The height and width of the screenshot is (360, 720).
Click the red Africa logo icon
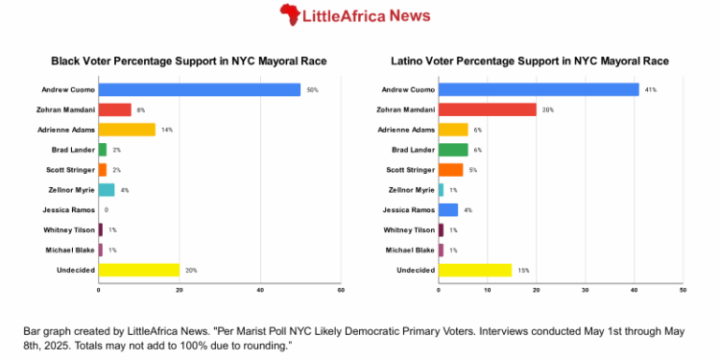pyautogui.click(x=289, y=14)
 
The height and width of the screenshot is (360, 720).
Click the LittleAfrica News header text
pyautogui.click(x=366, y=15)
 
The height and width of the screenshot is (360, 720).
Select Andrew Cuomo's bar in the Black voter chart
pyautogui.click(x=199, y=89)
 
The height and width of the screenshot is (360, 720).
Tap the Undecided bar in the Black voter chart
pyautogui.click(x=138, y=270)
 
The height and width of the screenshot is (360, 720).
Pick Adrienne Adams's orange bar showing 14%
pyautogui.click(x=127, y=130)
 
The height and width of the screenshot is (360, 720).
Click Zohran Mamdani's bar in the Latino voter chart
pyautogui.click(x=487, y=109)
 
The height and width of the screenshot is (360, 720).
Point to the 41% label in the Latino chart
pyautogui.click(x=650, y=89)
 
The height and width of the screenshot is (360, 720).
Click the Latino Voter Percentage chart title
pyautogui.click(x=530, y=61)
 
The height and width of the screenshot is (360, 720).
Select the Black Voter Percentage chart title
pyautogui.click(x=188, y=61)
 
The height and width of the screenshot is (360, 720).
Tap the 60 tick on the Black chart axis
pyautogui.click(x=340, y=289)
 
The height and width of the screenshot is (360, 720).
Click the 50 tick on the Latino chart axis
pyautogui.click(x=682, y=289)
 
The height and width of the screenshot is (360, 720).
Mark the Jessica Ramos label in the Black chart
pyautogui.click(x=68, y=209)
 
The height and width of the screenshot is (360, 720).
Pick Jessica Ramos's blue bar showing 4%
pyautogui.click(x=447, y=209)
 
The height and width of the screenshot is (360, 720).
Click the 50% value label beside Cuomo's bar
pyautogui.click(x=312, y=89)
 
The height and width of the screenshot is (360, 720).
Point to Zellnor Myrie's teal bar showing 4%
pyautogui.click(x=106, y=189)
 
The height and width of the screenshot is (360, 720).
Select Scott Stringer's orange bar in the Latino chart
pyautogui.click(x=449, y=170)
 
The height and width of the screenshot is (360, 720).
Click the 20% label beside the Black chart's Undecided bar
pyautogui.click(x=191, y=270)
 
